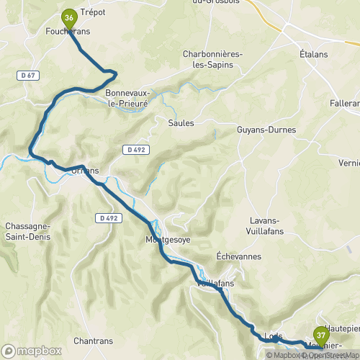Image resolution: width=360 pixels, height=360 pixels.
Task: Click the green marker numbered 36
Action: pyautogui.click(x=69, y=17)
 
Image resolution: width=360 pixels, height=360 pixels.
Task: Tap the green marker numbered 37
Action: pyautogui.click(x=320, y=336)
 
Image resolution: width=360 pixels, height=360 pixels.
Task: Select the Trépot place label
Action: pyautogui.click(x=93, y=12)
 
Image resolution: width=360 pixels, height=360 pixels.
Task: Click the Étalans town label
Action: pyautogui.click(x=313, y=55)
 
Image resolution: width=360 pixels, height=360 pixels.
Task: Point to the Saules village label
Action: pyautogui.click(x=181, y=123)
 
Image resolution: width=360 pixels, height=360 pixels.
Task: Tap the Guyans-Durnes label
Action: pyautogui.click(x=267, y=130)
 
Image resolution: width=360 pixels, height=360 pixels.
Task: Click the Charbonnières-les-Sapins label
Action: pyautogui.click(x=212, y=59)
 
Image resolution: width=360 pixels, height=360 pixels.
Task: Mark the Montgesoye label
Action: pyautogui.click(x=168, y=240)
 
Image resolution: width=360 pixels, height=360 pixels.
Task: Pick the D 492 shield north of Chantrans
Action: pyautogui.click(x=109, y=218)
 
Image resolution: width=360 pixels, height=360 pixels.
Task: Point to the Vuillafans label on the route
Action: pyautogui.click(x=216, y=284)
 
